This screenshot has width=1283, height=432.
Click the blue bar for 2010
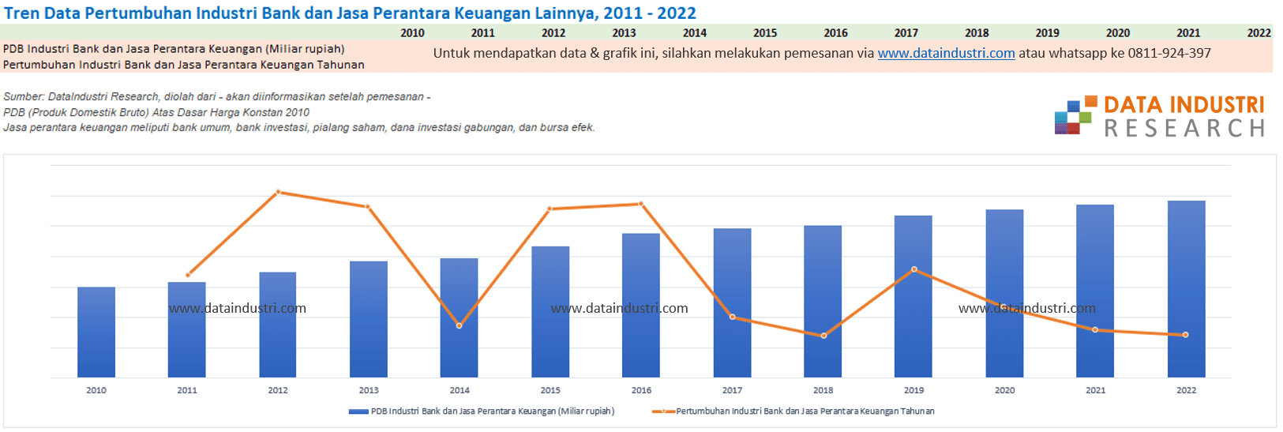pyautogui.click(x=96, y=332)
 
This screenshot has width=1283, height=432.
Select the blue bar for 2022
pyautogui.click(x=1186, y=289)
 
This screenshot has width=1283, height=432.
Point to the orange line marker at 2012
pyautogui.click(x=278, y=192)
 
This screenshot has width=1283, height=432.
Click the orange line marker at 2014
pyautogui.click(x=460, y=326)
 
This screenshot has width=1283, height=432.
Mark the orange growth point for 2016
pyautogui.click(x=641, y=204)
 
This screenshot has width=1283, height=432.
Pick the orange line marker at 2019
pyautogui.click(x=914, y=269)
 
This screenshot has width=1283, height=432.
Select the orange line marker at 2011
pyautogui.click(x=187, y=275)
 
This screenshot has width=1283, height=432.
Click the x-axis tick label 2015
pyautogui.click(x=550, y=390)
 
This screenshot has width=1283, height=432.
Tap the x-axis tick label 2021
pyautogui.click(x=1095, y=390)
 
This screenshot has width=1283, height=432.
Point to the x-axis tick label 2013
pyautogui.click(x=369, y=390)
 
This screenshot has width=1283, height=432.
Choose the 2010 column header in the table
pyautogui.click(x=412, y=33)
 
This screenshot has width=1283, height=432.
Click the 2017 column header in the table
pyautogui.click(x=906, y=33)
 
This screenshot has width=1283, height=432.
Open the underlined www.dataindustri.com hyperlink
pyautogui.click(x=946, y=53)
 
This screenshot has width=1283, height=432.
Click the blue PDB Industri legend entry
pyautogui.click(x=482, y=411)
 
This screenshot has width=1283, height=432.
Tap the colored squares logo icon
pyautogui.click(x=1075, y=116)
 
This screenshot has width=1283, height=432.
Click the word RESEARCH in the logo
pyautogui.click(x=1184, y=129)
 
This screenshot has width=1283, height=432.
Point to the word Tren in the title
pyautogui.click(x=21, y=13)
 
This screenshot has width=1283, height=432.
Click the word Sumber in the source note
pyautogui.click(x=23, y=96)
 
